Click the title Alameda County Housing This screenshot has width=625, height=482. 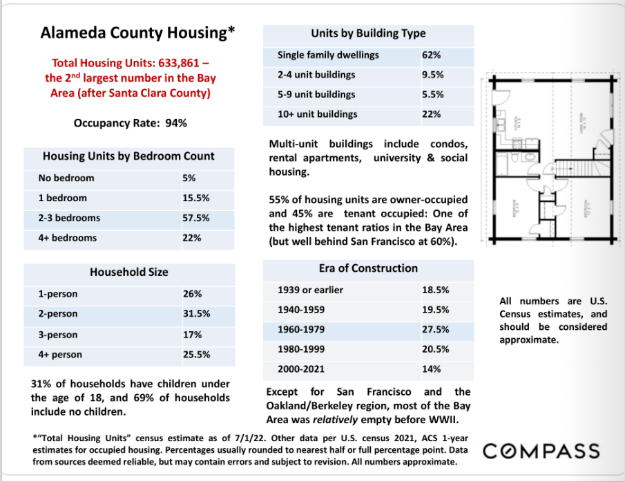point(138,33)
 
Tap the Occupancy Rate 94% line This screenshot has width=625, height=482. point(131,123)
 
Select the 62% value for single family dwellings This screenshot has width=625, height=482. point(432,55)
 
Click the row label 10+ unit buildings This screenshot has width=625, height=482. point(317,114)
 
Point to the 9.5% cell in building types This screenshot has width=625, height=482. point(432,75)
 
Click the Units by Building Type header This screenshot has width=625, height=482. point(368,33)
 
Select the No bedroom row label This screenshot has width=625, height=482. point(66,178)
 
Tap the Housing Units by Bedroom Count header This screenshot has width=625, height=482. point(128,156)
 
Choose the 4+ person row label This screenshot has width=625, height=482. point(60,354)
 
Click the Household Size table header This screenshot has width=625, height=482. point(128,272)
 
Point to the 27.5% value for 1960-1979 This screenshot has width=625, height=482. point(435,330)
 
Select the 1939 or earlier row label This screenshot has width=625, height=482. point(310,290)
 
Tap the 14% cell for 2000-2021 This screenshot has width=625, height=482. point(431,369)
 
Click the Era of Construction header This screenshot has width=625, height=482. point(368,268)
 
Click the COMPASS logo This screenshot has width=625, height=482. point(541,451)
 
